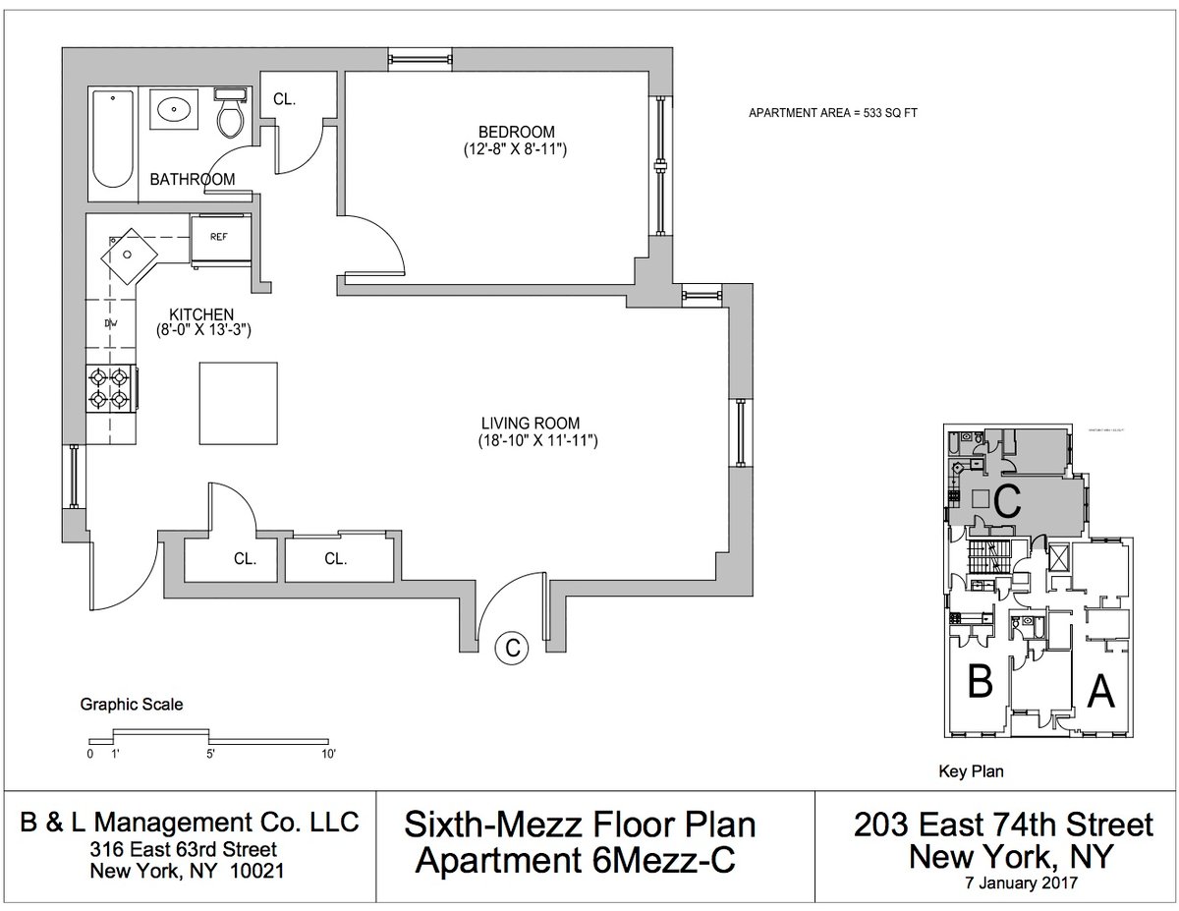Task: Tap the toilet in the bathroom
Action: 230,113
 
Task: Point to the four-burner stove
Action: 109,387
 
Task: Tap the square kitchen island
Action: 238,402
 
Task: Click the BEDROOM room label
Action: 517,132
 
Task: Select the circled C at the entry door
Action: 511,647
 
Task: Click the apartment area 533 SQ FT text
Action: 832,113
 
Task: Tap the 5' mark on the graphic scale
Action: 210,755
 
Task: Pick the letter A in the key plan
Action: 1101,694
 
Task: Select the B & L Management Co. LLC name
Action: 189,822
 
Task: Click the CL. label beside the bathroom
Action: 284,99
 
